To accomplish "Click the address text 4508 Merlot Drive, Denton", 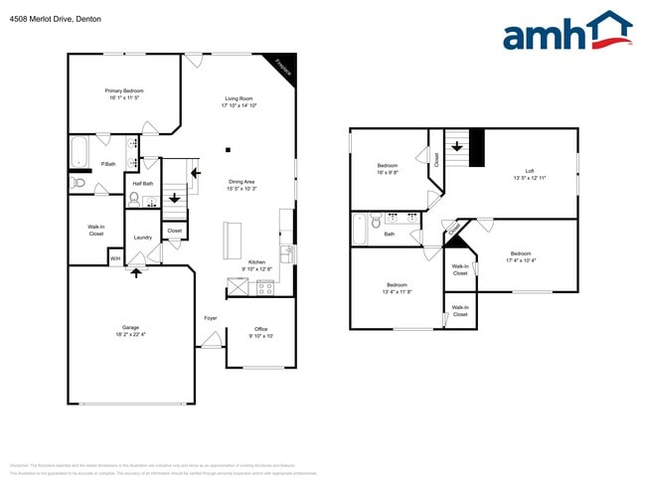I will [x=50, y=19].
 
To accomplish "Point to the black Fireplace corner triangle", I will [x=285, y=65].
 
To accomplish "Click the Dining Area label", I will [x=242, y=182].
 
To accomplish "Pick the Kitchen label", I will [x=256, y=261].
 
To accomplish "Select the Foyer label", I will [x=211, y=318].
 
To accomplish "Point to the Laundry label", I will [x=143, y=238].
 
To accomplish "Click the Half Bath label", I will [x=142, y=183].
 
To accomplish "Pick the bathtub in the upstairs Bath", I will [x=361, y=229].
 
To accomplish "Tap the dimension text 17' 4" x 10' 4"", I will [x=521, y=260].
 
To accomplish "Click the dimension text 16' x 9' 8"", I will [x=388, y=172].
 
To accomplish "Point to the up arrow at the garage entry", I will [x=137, y=271].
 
